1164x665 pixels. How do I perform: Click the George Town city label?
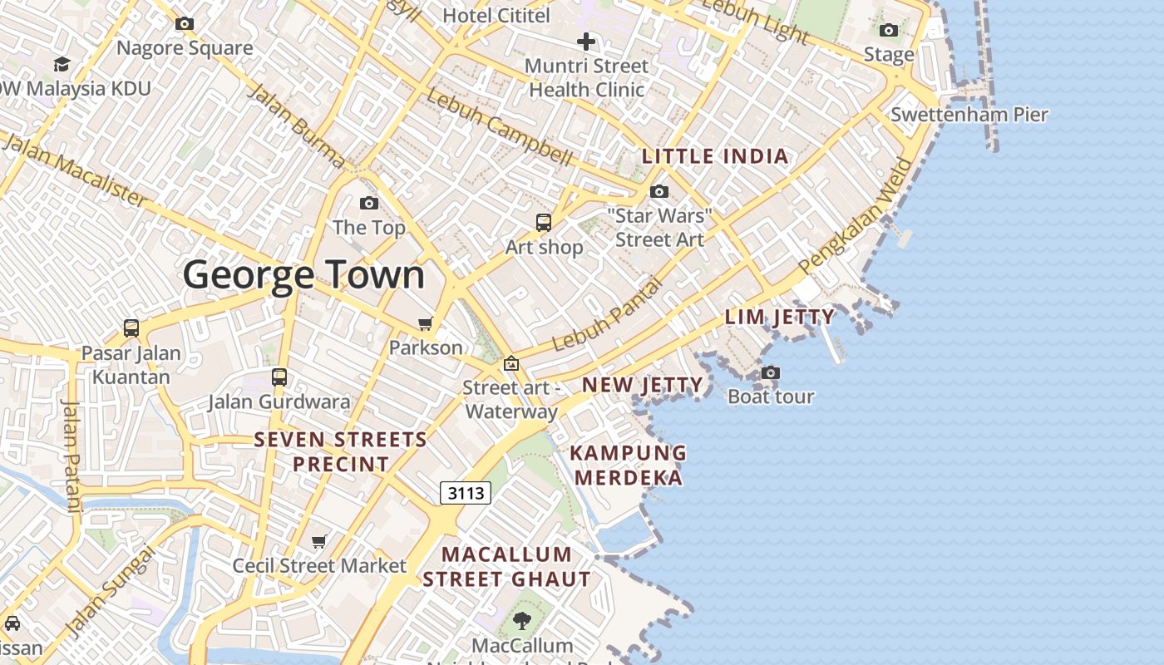(x=303, y=274)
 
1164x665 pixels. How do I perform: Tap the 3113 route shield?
(x=466, y=493)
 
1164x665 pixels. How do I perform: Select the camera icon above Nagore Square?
(x=185, y=24)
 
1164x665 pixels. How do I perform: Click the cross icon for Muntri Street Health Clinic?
(x=586, y=41)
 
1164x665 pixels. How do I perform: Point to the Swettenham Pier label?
(x=969, y=114)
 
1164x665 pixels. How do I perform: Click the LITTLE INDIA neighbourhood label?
(x=715, y=156)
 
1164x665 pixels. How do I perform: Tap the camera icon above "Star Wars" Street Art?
(x=659, y=192)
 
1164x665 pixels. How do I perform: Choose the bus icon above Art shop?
(x=544, y=222)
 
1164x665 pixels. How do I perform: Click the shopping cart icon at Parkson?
(x=426, y=323)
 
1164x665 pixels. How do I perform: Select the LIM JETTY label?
(x=780, y=317)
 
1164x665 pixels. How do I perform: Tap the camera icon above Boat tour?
(x=771, y=372)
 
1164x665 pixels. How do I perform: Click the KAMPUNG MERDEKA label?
(x=629, y=465)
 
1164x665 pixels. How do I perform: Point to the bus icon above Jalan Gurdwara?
(x=279, y=377)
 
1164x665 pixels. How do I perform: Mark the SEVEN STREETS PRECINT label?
(x=341, y=451)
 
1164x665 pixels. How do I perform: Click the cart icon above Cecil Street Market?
(x=318, y=542)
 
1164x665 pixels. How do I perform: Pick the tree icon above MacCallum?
(x=522, y=620)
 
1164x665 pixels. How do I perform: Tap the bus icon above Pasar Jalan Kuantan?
(x=131, y=328)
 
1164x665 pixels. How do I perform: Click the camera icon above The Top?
(x=369, y=203)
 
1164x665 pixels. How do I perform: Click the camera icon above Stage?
(x=889, y=31)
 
